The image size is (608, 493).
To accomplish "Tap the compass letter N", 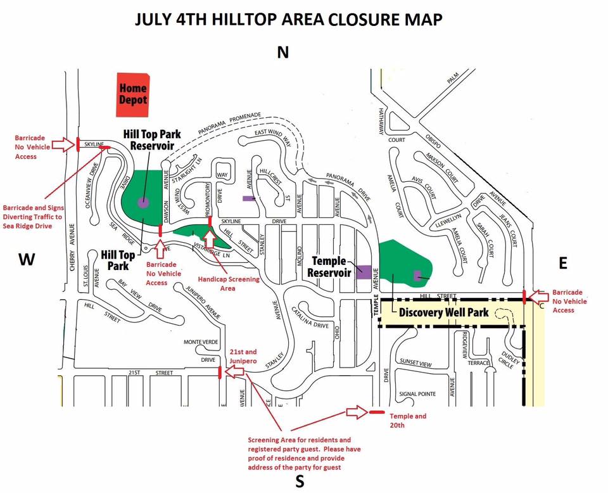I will click(283, 53).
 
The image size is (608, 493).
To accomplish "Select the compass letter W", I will click(26, 259).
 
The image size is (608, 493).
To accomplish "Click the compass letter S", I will click(300, 482).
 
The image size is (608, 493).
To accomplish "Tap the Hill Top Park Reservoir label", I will click(152, 139).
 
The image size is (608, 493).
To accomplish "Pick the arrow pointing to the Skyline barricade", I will click(63, 144).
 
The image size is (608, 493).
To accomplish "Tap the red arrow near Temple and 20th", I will click(357, 413).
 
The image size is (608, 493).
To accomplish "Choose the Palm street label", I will click(452, 78).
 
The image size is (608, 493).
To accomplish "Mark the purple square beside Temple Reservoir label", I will click(363, 272).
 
